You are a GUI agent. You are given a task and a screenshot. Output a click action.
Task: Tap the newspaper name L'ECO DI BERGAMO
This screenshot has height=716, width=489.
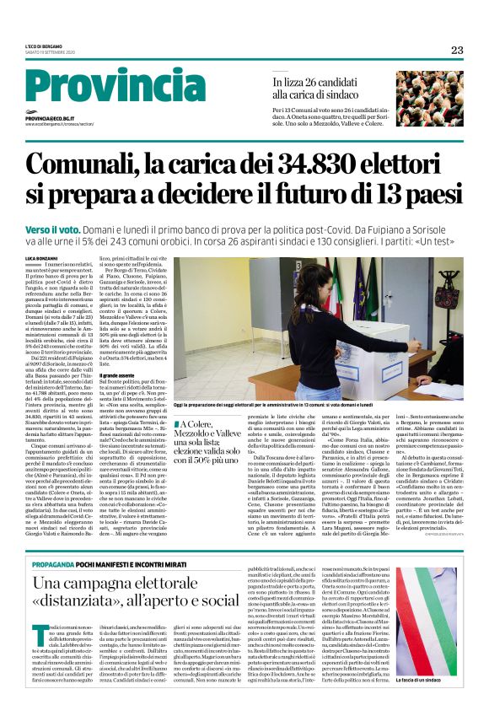tap(43, 48)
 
